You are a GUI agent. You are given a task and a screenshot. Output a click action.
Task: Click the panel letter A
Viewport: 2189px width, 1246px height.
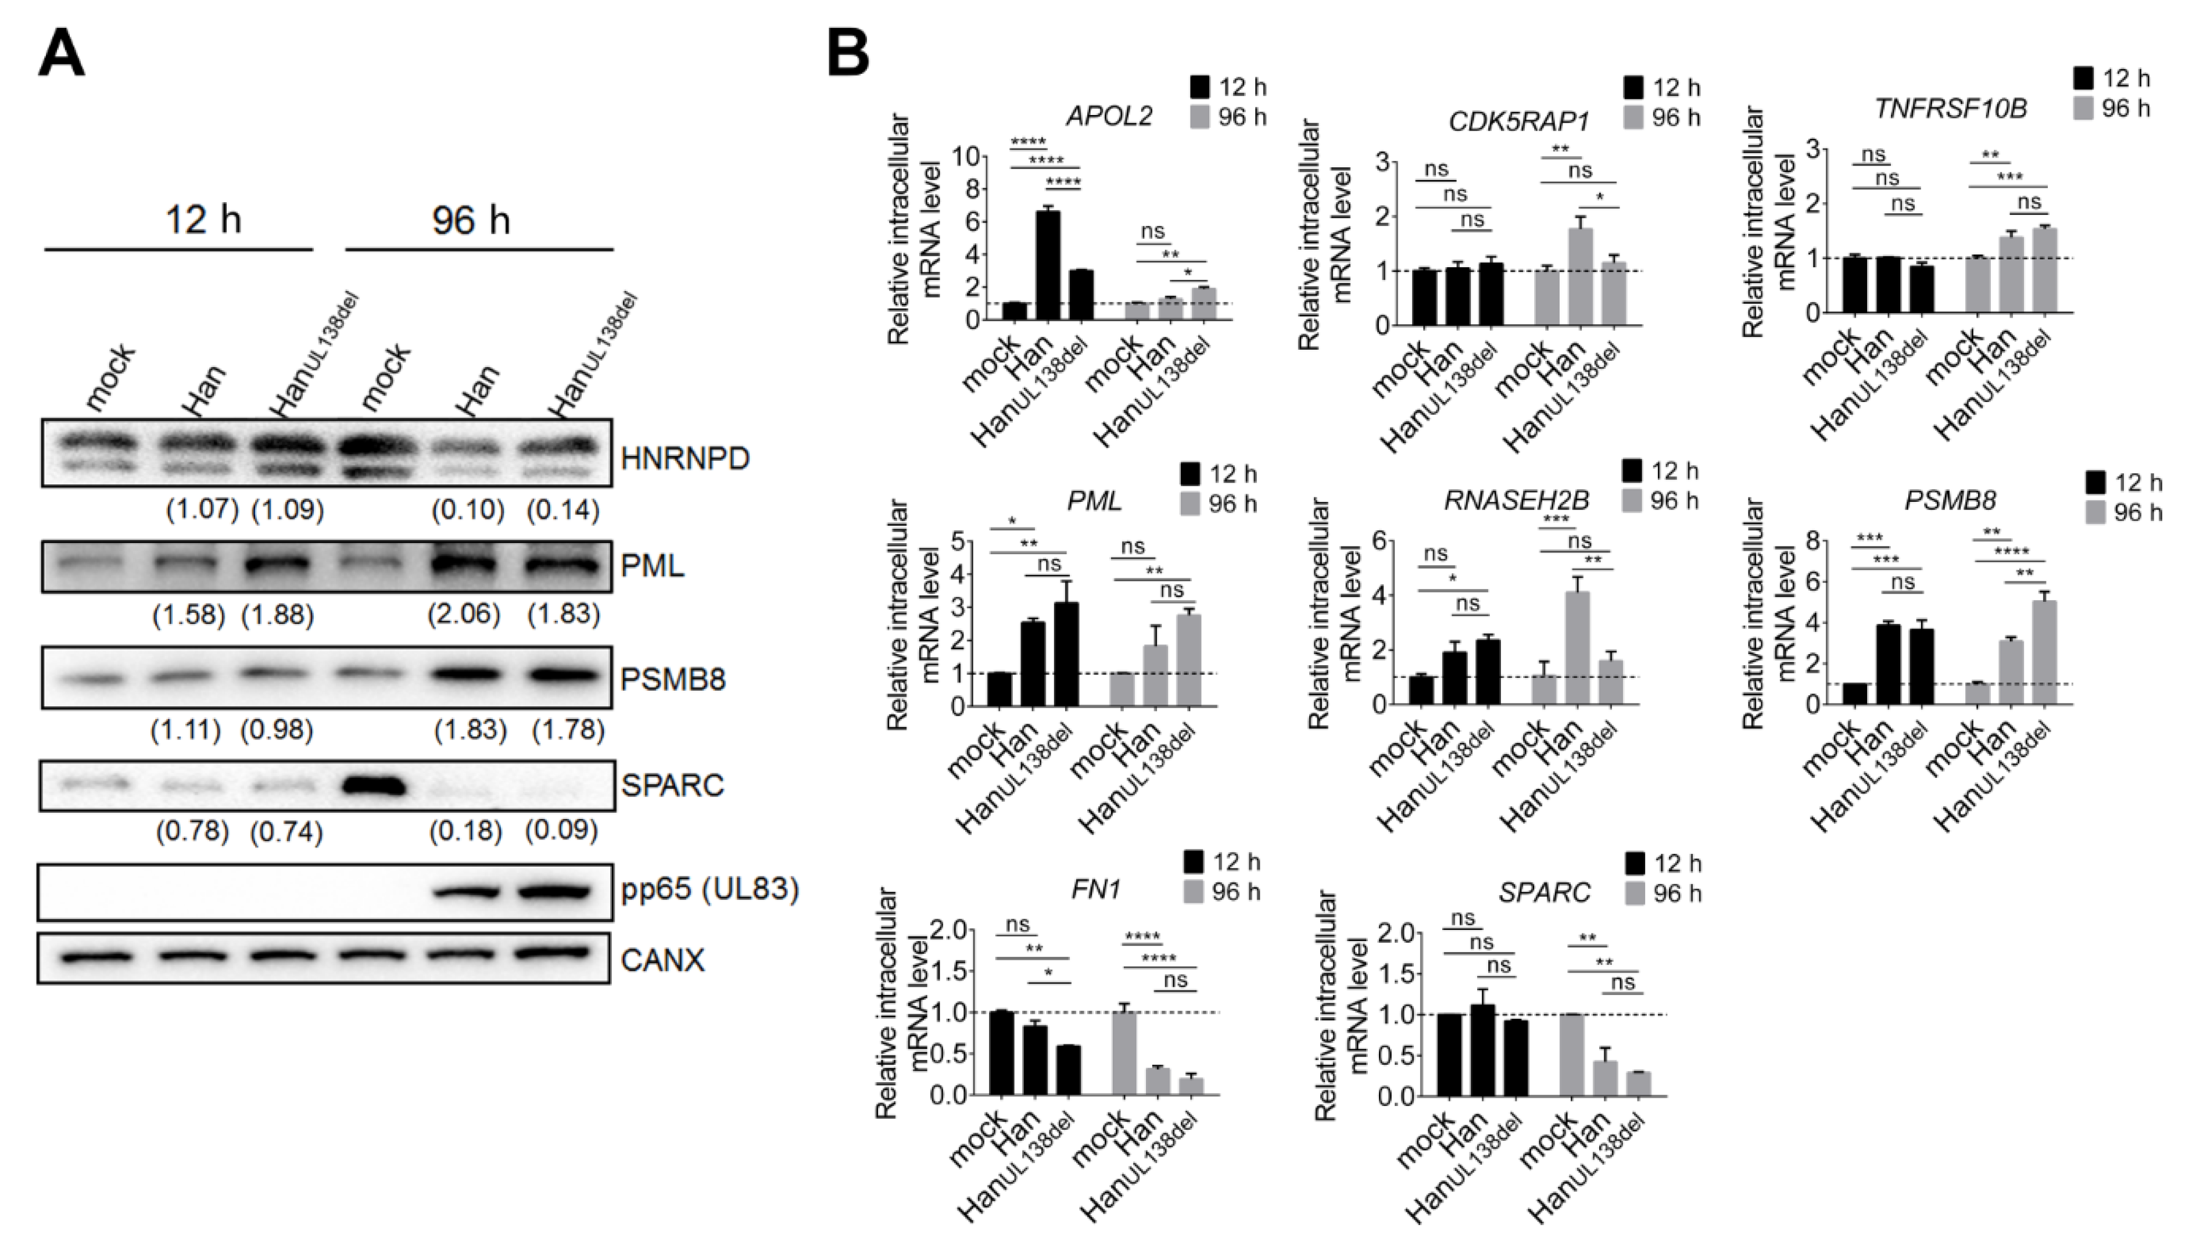click(x=62, y=53)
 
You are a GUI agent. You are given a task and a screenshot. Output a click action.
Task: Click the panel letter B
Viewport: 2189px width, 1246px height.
click(x=847, y=53)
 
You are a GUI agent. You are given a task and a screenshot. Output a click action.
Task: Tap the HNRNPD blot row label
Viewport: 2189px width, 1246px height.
click(x=685, y=459)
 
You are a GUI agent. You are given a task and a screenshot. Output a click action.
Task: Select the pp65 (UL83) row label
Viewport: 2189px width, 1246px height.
click(x=710, y=889)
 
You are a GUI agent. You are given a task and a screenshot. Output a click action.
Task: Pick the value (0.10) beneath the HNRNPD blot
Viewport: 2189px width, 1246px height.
click(x=467, y=510)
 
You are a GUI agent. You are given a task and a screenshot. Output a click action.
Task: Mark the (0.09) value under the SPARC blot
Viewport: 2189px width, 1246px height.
click(x=561, y=830)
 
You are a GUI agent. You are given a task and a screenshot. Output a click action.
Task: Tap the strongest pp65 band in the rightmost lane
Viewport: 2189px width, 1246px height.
click(x=555, y=892)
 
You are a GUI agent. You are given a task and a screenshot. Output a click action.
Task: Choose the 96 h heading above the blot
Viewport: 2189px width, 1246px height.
click(x=471, y=221)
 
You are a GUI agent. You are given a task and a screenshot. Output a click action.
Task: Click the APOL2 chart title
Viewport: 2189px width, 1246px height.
click(x=1109, y=116)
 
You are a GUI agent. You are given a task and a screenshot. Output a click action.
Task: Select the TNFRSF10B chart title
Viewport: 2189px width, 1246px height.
click(x=1950, y=109)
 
